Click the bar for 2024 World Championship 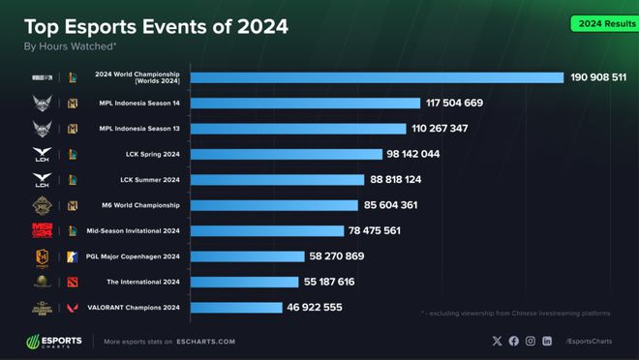tap(377, 77)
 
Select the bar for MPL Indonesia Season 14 tap(305, 103)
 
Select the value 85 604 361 tap(405, 205)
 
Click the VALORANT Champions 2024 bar tap(235, 308)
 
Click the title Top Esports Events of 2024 tap(155, 26)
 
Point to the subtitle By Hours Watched tap(70, 45)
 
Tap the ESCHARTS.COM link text tap(204, 342)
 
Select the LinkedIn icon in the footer tap(547, 342)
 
